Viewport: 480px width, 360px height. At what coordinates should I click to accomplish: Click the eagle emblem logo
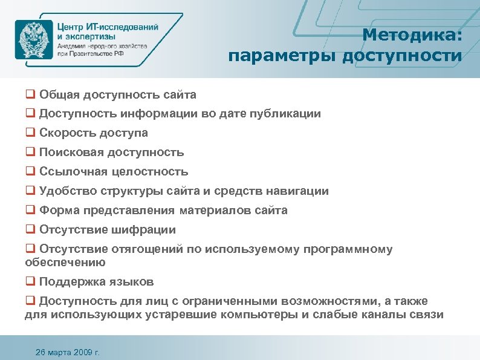pos(34,39)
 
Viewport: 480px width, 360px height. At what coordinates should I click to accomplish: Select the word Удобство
pos(65,191)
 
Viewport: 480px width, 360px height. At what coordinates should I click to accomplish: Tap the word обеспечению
pos(65,263)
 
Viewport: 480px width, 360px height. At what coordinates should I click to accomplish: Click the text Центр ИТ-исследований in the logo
pos(108,27)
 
